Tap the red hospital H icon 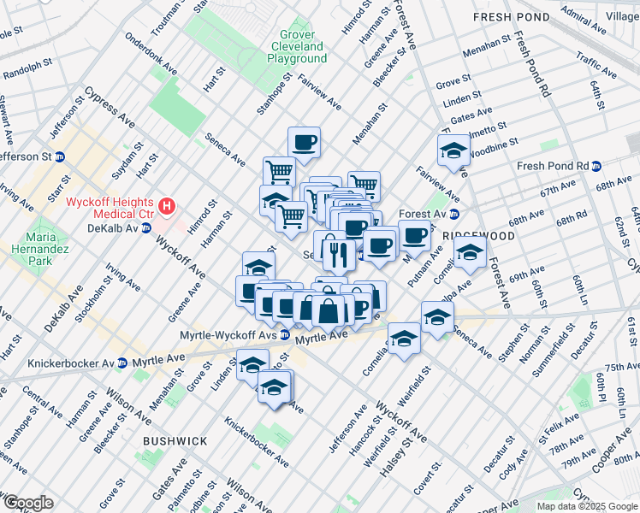pos(168,206)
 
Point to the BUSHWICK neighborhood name pos(175,441)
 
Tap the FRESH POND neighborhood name pos(511,17)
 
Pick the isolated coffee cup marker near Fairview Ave pos(304,141)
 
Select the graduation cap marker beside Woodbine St pos(453,151)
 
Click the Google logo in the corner pos(28,502)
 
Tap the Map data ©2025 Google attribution pos(586,506)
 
